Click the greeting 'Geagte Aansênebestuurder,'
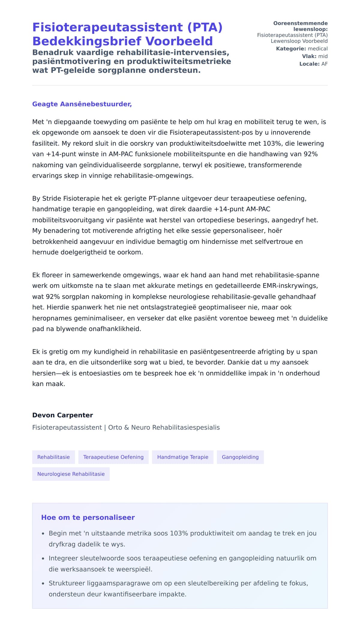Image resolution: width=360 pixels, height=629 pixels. pos(82,104)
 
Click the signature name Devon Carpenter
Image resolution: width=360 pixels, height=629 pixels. pos(62,415)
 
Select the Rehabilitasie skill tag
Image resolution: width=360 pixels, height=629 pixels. pos(53,457)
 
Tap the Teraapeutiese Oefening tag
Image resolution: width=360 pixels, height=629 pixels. pos(113,457)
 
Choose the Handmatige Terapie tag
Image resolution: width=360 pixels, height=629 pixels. pos(182,457)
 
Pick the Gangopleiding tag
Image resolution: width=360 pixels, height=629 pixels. pos(240,457)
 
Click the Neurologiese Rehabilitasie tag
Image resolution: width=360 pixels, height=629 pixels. pos(71,474)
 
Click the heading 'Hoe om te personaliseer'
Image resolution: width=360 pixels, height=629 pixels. pos(88,517)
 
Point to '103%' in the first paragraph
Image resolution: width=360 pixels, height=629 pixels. pos(272,143)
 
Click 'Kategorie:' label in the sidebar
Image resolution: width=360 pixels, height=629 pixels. pos(291,49)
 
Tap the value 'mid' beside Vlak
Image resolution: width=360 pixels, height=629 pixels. pos(323,56)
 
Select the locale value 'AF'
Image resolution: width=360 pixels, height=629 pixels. pos(324,64)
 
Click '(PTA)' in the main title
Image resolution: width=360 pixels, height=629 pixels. pos(205,27)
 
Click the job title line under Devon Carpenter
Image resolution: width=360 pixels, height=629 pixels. pos(126,427)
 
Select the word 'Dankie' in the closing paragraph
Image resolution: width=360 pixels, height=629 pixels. pos(237,362)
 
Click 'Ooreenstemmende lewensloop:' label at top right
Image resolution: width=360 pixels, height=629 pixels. pos(300,26)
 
